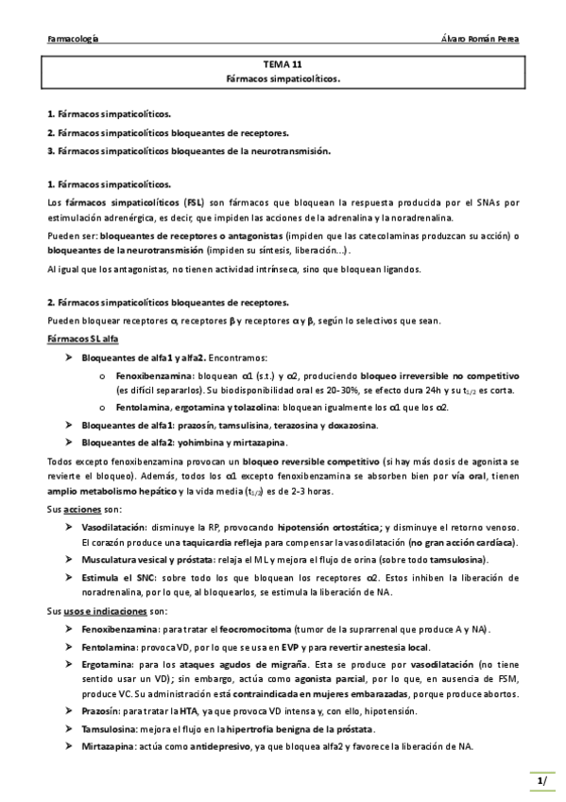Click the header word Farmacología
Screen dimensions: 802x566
click(x=75, y=40)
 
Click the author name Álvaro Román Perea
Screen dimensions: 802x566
click(x=479, y=40)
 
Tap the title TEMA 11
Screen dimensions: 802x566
click(x=283, y=65)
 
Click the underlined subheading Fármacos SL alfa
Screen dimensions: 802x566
click(x=83, y=339)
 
